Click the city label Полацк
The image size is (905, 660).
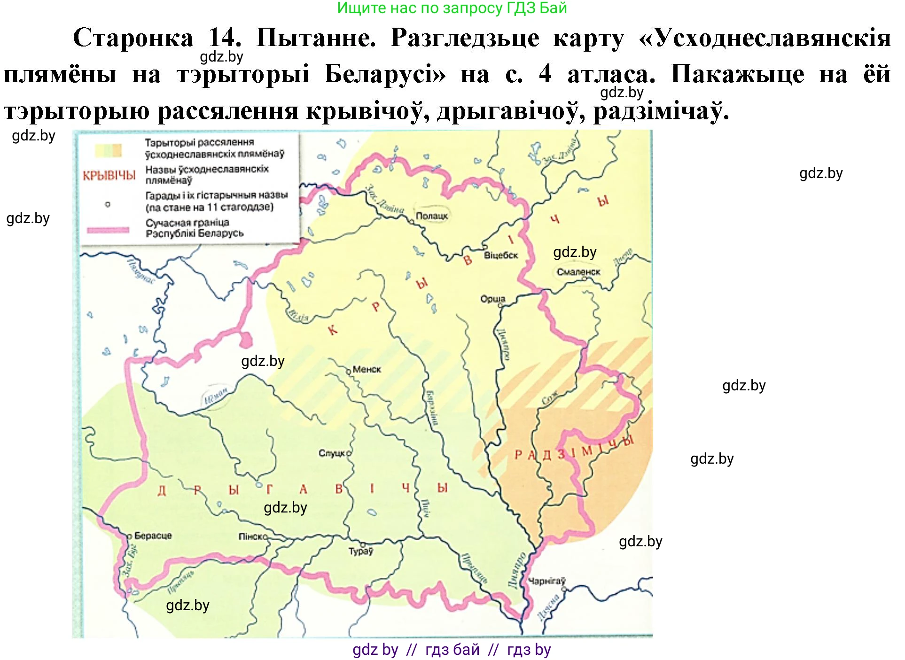pyautogui.click(x=431, y=216)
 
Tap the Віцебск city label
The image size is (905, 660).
pyautogui.click(x=500, y=255)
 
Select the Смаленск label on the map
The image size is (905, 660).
pyautogui.click(x=578, y=272)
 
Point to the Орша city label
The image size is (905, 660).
pyautogui.click(x=492, y=299)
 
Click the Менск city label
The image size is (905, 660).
pyautogui.click(x=367, y=369)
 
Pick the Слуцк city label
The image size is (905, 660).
pyautogui.click(x=333, y=453)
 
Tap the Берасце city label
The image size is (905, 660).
pyautogui.click(x=153, y=536)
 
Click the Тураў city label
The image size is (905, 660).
pyautogui.click(x=360, y=551)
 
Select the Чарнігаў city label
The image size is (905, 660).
pyautogui.click(x=546, y=582)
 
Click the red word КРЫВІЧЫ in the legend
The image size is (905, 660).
pyautogui.click(x=109, y=176)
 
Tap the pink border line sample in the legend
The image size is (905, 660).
pyautogui.click(x=108, y=230)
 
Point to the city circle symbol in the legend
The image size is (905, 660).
pyautogui.click(x=108, y=204)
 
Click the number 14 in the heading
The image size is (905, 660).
pyautogui.click(x=225, y=38)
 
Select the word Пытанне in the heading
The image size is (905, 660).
pyautogui.click(x=316, y=38)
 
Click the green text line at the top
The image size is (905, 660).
pyautogui.click(x=452, y=8)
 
